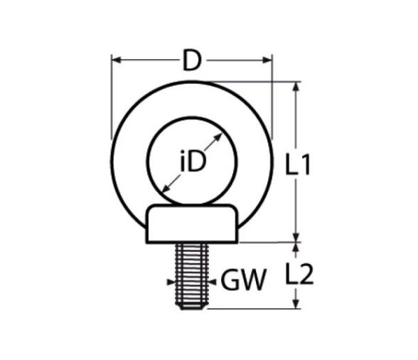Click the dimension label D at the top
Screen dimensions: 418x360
pos(192,60)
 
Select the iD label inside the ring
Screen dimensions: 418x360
pos(193,161)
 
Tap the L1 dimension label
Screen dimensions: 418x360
pos(297,164)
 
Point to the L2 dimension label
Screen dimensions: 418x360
pos(299,274)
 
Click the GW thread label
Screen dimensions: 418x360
pos(244,280)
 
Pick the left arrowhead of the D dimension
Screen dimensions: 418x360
pos(117,60)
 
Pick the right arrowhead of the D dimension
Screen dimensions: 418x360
pos(267,60)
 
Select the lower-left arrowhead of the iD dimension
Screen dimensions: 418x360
pos(166,189)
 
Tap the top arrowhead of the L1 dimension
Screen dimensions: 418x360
pos(296,87)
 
